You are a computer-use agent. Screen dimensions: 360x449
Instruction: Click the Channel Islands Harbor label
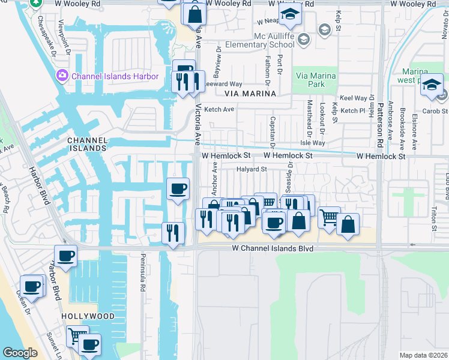click(x=115, y=76)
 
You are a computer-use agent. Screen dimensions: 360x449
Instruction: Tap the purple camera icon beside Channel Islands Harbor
click(x=61, y=76)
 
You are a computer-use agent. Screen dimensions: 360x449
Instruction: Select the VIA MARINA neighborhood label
click(x=250, y=94)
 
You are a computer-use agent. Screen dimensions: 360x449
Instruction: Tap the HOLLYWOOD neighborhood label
click(x=88, y=316)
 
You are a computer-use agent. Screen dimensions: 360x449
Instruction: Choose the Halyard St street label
click(x=252, y=169)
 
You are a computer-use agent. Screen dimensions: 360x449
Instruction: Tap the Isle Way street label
click(x=313, y=143)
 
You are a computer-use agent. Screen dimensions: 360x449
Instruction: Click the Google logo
click(x=20, y=353)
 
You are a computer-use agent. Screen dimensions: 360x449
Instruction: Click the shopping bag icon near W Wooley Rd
click(x=195, y=14)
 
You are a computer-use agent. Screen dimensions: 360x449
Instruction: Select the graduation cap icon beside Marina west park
click(x=431, y=85)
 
